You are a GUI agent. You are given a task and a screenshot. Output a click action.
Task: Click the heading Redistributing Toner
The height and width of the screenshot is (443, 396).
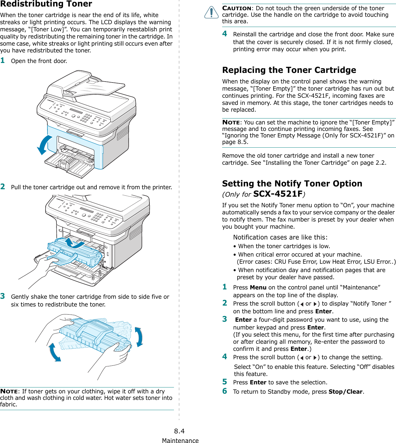tap(46, 4)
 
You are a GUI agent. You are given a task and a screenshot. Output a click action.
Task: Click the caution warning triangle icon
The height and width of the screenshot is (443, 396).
tap(211, 12)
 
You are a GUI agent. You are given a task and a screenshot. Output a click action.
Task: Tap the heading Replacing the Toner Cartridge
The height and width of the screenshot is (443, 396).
tap(289, 70)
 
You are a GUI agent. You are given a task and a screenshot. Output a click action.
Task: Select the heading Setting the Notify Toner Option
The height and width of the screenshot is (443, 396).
tap(292, 184)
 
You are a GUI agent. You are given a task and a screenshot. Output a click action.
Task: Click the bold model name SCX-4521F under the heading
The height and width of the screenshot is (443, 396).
tap(278, 194)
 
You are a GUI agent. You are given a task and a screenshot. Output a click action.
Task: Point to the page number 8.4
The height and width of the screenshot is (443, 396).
tap(179, 431)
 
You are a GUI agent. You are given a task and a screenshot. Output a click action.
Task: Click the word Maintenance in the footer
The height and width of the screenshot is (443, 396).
tap(180, 440)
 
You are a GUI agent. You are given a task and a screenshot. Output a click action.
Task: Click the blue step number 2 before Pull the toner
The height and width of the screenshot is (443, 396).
tap(3, 186)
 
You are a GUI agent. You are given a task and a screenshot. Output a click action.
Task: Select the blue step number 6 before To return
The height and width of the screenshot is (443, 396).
tap(225, 391)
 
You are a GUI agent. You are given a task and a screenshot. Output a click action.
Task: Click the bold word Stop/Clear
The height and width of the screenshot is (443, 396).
tap(345, 392)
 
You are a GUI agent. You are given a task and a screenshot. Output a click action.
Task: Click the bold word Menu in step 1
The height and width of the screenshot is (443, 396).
tap(258, 287)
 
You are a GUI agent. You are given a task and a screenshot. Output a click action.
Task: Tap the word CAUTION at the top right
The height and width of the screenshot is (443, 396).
tap(237, 8)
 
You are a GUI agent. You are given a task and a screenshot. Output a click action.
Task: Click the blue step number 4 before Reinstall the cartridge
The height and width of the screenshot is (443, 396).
tap(225, 34)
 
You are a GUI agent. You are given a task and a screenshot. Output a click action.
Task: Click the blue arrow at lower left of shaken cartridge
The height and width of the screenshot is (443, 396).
tap(55, 352)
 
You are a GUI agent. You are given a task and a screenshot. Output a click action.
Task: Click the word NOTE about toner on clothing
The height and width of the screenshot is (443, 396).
tap(9, 392)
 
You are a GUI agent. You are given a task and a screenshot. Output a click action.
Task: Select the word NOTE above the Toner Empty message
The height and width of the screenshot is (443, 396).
tap(231, 122)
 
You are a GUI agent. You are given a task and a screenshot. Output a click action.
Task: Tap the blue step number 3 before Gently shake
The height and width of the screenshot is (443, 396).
tap(3, 296)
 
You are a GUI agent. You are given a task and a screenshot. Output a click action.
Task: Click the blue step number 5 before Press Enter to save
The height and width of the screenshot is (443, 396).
tap(225, 382)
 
